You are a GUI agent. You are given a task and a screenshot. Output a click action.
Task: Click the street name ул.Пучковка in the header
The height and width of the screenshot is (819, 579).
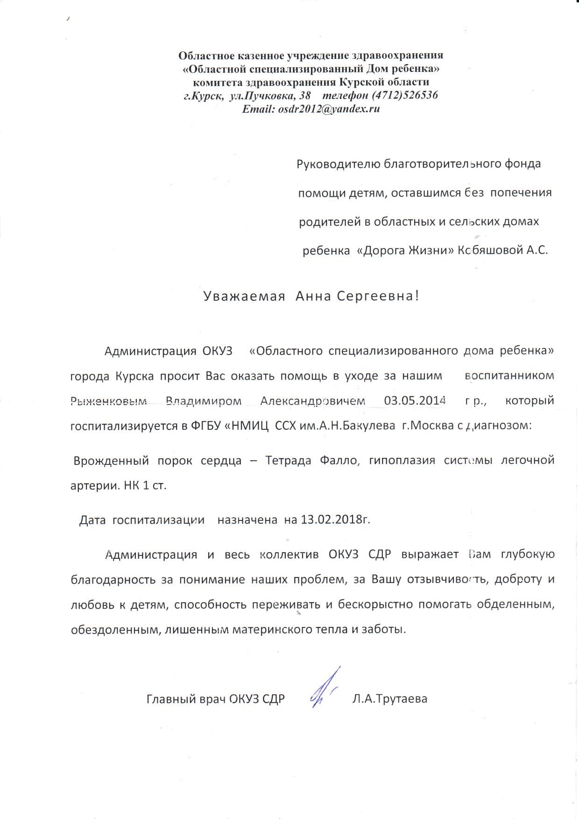tap(262, 96)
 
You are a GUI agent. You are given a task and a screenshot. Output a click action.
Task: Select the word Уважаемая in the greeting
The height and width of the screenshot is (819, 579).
tap(244, 297)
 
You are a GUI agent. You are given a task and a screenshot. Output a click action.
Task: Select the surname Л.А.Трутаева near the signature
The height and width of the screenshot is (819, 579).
tap(390, 699)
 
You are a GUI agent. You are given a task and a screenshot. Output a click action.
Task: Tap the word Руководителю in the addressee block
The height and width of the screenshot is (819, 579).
tap(339, 164)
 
